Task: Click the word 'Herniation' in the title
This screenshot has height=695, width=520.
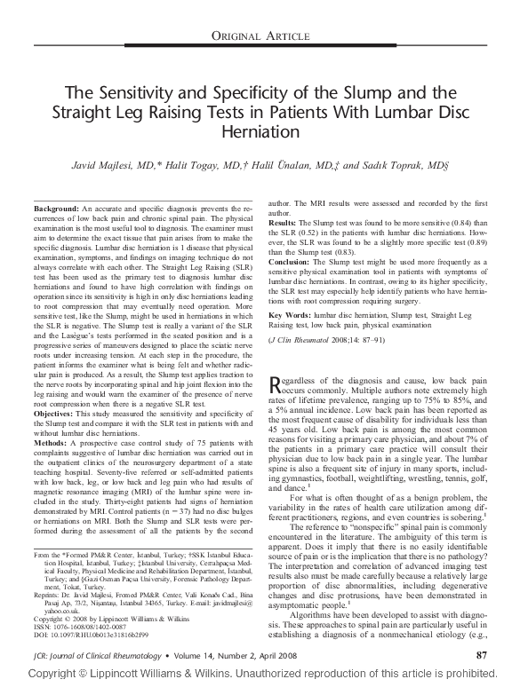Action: pyautogui.click(x=260, y=130)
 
